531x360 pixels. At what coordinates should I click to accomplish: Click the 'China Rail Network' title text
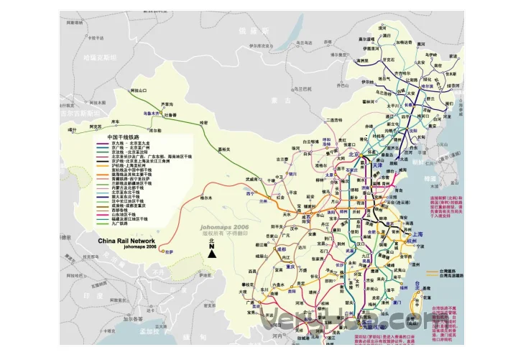click(x=126, y=241)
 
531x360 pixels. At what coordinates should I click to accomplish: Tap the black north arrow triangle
click(x=213, y=251)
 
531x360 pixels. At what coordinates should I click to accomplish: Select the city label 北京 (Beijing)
click(x=354, y=154)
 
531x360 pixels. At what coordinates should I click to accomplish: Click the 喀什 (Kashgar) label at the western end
click(x=71, y=130)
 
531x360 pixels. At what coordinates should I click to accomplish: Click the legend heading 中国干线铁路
click(x=122, y=136)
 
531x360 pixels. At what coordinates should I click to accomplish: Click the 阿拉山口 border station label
click(x=138, y=91)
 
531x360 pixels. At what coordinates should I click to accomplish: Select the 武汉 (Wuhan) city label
click(x=351, y=251)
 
